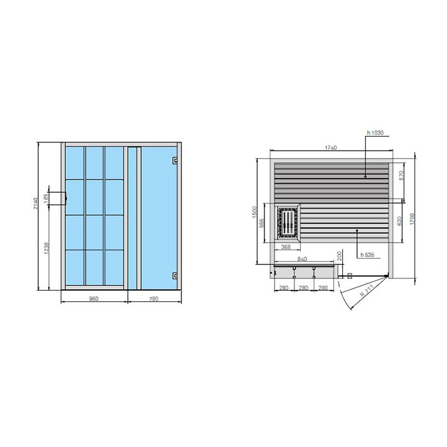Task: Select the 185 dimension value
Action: pos(46,199)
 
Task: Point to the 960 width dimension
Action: pos(94,298)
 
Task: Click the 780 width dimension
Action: pos(154,298)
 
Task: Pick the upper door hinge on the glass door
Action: pos(176,160)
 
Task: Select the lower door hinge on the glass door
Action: pos(175,275)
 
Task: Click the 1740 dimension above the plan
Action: pos(330,148)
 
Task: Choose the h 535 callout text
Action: pos(366,255)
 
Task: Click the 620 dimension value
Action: pos(400,221)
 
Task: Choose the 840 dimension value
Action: pos(302,259)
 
